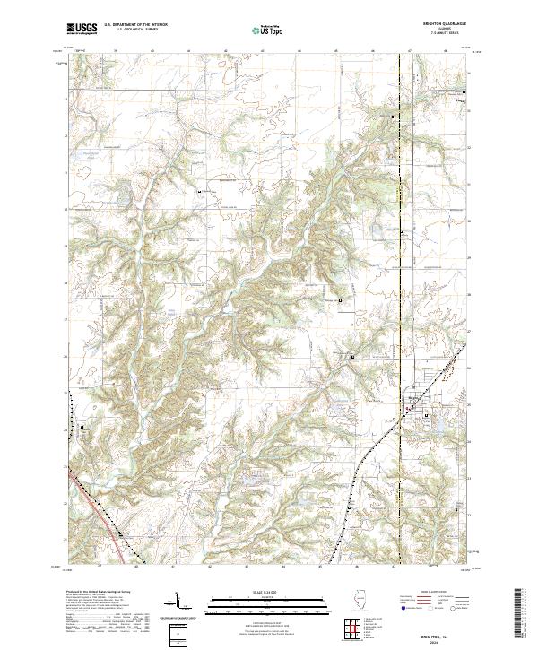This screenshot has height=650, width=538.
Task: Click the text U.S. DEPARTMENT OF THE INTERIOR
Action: coord(135,25)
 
